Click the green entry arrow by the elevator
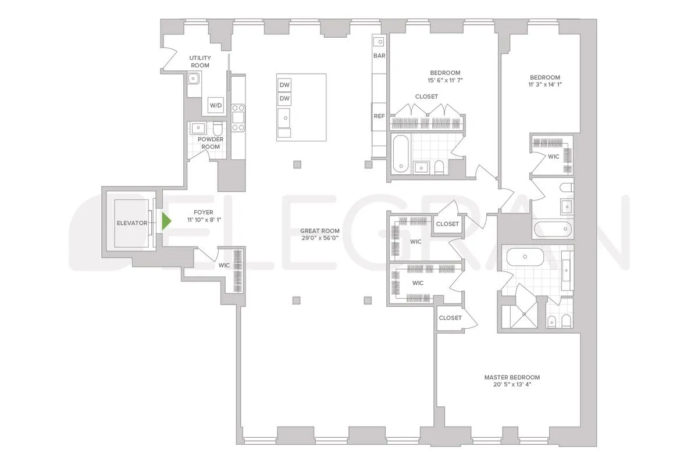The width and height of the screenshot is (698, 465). [x=167, y=221]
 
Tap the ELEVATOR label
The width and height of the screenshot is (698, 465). [x=131, y=223]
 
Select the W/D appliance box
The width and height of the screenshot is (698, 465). [x=216, y=106]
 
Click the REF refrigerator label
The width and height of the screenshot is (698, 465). [x=379, y=116]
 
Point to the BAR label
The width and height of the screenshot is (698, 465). [x=379, y=56]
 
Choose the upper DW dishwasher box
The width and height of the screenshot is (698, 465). [x=284, y=85]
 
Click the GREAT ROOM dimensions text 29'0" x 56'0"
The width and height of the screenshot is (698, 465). [x=320, y=239]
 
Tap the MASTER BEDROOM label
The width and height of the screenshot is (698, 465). [x=512, y=377]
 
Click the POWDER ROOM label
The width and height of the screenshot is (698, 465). [x=211, y=143]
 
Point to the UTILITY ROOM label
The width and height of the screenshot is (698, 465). [x=200, y=62]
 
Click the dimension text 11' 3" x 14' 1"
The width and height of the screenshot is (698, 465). [x=544, y=85]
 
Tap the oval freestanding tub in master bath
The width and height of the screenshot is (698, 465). [x=524, y=256]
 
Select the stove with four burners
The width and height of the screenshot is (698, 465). [x=238, y=117]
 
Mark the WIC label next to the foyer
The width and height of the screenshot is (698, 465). [x=224, y=266]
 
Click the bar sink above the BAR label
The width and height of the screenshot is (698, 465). [x=379, y=42]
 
